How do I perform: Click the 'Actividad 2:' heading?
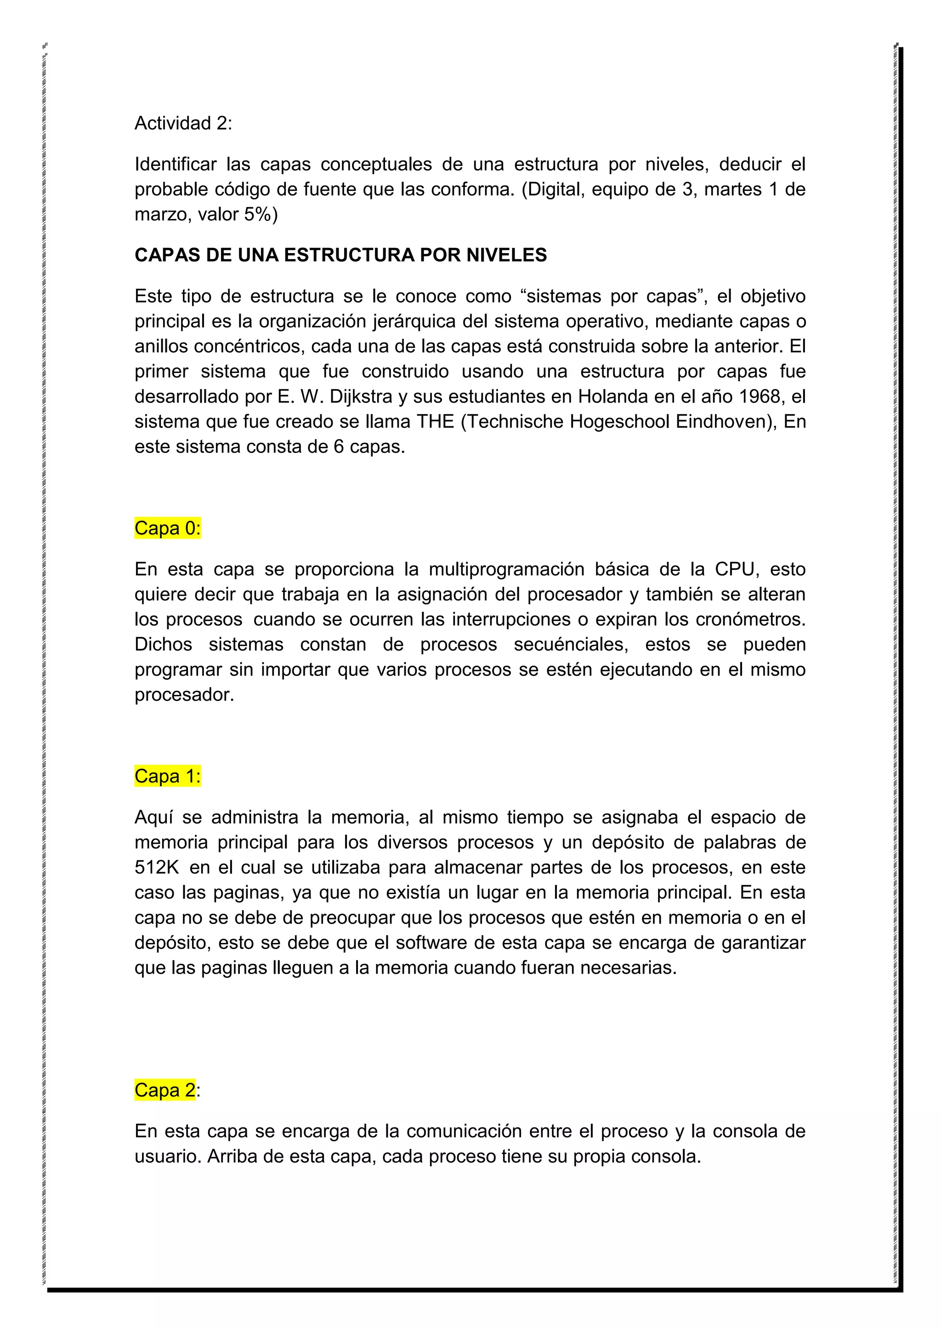coord(183,124)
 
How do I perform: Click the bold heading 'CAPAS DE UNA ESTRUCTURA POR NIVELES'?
coord(341,255)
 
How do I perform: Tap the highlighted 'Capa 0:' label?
coord(167,528)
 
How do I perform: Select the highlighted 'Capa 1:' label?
coord(167,776)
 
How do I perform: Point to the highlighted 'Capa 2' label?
coord(165,1090)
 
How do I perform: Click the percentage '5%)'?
coord(261,215)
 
